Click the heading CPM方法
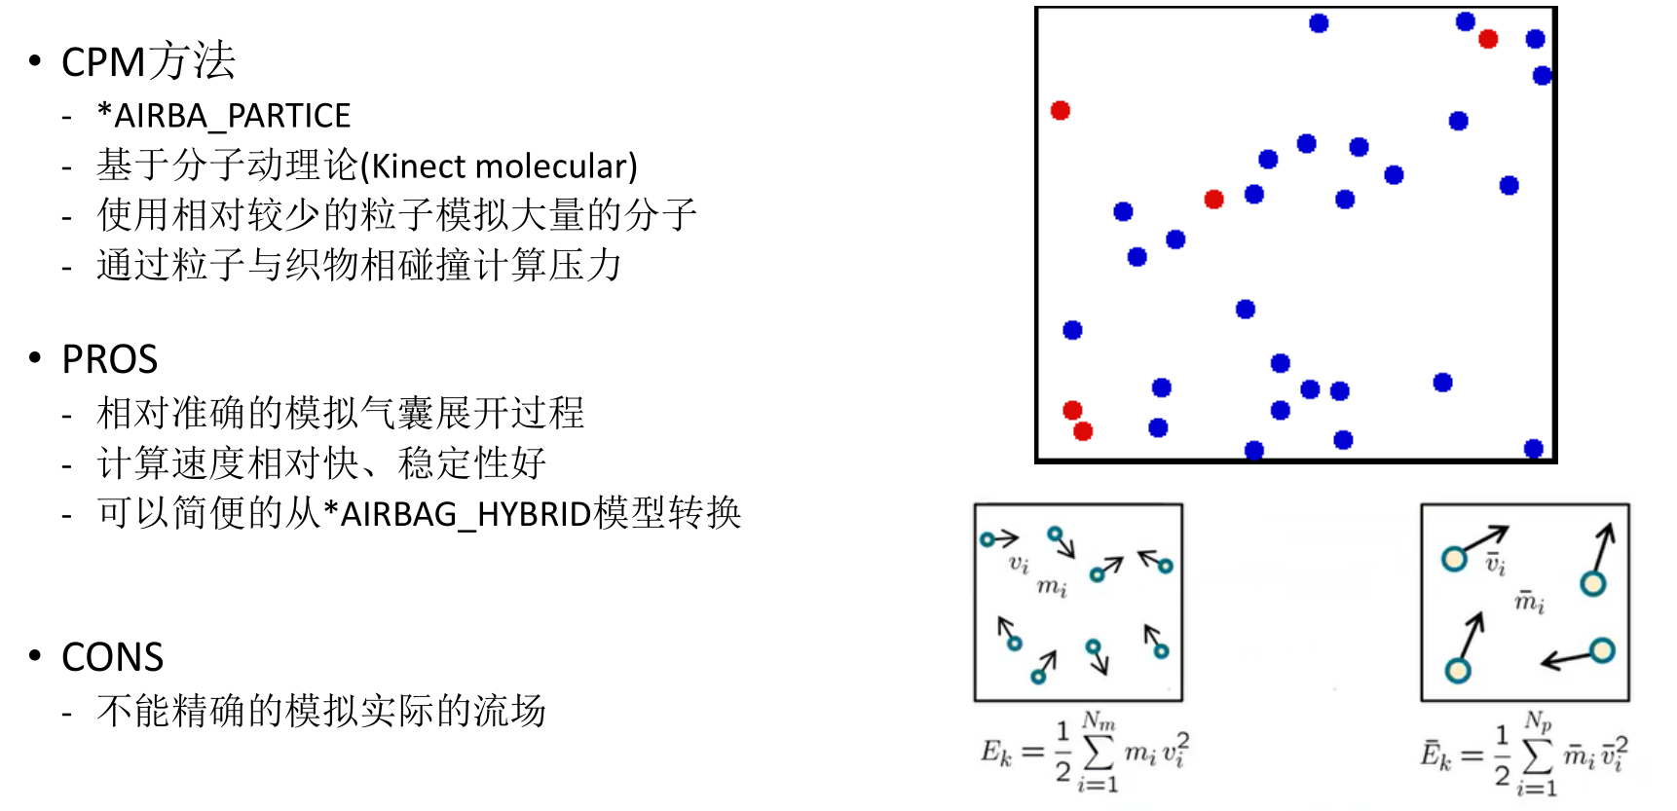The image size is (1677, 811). pyautogui.click(x=148, y=61)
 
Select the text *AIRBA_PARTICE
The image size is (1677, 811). pyautogui.click(x=224, y=116)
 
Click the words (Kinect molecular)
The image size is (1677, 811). pyautogui.click(x=499, y=166)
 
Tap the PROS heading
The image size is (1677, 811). pyautogui.click(x=109, y=359)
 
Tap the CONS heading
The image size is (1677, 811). pyautogui.click(x=112, y=657)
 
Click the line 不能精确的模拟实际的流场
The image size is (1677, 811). pyautogui.click(x=321, y=711)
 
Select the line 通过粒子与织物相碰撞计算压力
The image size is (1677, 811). pyautogui.click(x=359, y=265)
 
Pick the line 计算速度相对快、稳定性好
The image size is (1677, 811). pyautogui.click(x=321, y=463)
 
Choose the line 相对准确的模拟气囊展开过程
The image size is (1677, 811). pyautogui.click(x=341, y=413)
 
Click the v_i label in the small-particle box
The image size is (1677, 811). pyautogui.click(x=1019, y=563)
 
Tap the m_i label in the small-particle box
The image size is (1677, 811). pyautogui.click(x=1052, y=586)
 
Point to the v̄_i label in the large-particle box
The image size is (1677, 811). pyautogui.click(x=1495, y=563)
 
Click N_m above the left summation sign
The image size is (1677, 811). pyautogui.click(x=1099, y=721)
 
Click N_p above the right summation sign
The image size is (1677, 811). pyautogui.click(x=1538, y=721)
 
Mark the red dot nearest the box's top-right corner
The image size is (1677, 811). pyautogui.click(x=1488, y=39)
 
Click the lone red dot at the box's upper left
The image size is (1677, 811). pyautogui.click(x=1061, y=110)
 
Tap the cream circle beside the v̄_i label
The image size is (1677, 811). pyautogui.click(x=1454, y=559)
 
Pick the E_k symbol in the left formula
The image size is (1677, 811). pyautogui.click(x=996, y=752)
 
